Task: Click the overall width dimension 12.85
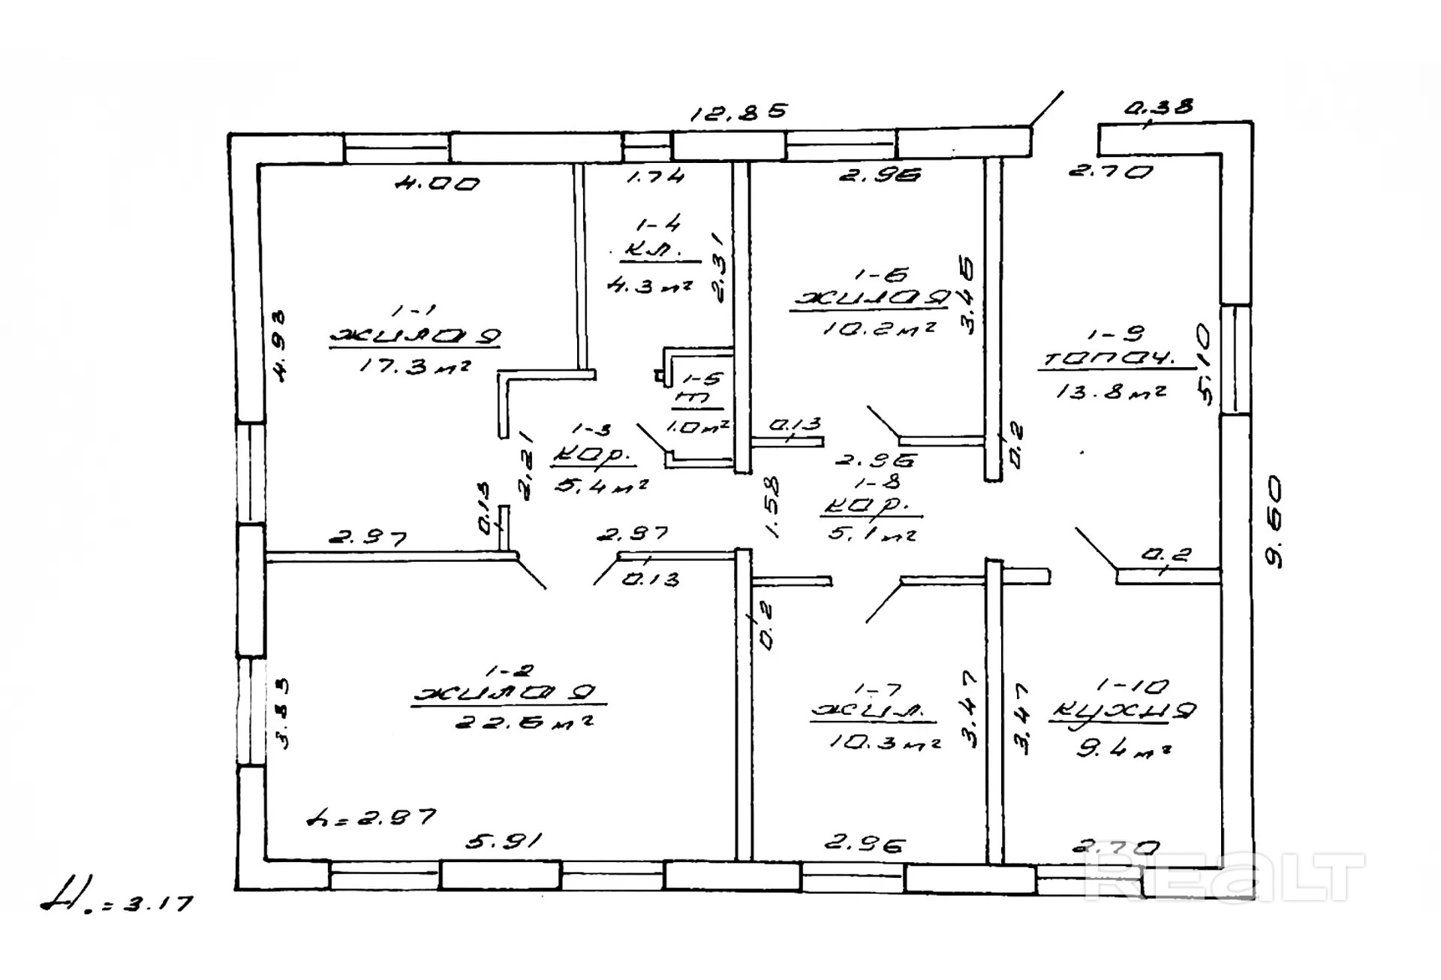click(x=739, y=113)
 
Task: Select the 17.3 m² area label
click(x=415, y=366)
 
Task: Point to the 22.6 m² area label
click(x=525, y=722)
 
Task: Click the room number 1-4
click(x=657, y=224)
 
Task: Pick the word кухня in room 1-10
click(x=1121, y=711)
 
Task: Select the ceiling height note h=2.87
click(x=372, y=817)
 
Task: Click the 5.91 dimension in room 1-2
click(x=503, y=841)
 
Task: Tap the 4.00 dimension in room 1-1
click(x=438, y=183)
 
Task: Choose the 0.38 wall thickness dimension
click(x=1158, y=107)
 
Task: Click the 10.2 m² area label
click(x=879, y=328)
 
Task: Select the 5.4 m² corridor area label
click(x=600, y=486)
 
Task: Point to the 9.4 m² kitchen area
click(x=1124, y=748)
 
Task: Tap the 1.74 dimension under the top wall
click(x=655, y=176)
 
